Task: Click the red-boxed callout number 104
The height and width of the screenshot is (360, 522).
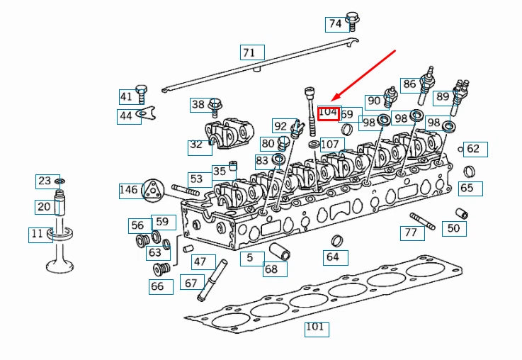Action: tap(328, 112)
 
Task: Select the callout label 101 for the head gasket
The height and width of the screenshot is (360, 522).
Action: tap(315, 327)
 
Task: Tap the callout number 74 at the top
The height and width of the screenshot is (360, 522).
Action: tap(335, 24)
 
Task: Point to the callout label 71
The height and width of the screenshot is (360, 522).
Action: tap(249, 52)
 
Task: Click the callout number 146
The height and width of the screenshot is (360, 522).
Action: tap(128, 190)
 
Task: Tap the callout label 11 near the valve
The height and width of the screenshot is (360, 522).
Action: tap(37, 234)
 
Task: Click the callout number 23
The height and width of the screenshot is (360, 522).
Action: tap(45, 181)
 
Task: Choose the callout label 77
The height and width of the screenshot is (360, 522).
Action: tap(410, 232)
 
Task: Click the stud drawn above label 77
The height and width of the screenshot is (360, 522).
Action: tap(422, 220)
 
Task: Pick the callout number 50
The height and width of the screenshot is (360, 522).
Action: tap(453, 227)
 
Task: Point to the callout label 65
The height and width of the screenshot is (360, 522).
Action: tap(467, 189)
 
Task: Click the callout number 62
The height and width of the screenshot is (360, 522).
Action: tap(473, 149)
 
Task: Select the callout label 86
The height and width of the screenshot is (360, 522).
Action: tap(409, 84)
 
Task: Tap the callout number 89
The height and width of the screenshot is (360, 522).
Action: tap(443, 96)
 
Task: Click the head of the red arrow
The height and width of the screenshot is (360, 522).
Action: tap(333, 99)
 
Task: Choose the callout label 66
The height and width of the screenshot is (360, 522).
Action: tap(157, 286)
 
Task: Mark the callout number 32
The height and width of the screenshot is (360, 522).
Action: tap(196, 147)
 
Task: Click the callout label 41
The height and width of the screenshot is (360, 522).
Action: tap(126, 97)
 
